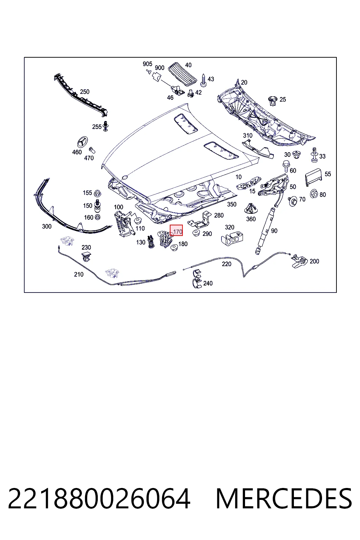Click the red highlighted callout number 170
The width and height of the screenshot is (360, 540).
pos(178,232)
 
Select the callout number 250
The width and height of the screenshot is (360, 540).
pos(85,92)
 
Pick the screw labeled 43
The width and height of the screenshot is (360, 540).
pos(204,80)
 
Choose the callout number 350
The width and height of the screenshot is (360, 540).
pos(232,204)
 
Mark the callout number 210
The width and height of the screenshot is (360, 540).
pos(79,274)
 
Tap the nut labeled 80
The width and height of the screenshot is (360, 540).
pos(314,194)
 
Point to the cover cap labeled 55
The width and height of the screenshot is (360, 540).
pos(314,177)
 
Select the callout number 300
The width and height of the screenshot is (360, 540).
pos(47,226)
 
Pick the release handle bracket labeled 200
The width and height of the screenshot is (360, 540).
pos(300,261)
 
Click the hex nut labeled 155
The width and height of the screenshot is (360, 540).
pos(97,193)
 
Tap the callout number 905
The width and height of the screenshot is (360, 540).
pos(147,64)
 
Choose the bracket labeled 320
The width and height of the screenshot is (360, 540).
pos(232,238)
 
